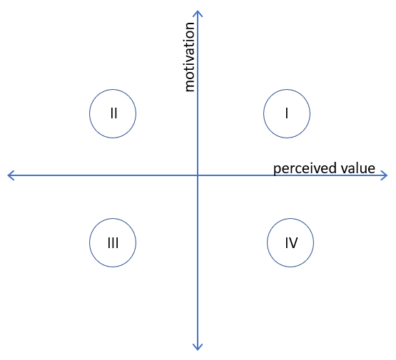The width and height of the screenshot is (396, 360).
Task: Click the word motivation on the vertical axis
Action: pos(189,57)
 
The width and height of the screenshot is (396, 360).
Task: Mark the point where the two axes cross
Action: pos(198,175)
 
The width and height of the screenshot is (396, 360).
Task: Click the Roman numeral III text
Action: pos(113,243)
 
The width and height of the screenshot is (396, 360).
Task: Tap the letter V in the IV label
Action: pos(293,243)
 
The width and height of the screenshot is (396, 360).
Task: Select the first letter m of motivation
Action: pos(190,86)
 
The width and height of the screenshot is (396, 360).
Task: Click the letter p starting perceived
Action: pos(277,170)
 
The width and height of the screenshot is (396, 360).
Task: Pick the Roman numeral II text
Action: pos(114,113)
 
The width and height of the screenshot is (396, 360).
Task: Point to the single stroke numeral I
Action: pos(287,113)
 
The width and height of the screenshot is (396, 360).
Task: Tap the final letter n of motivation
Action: pos(190,26)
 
